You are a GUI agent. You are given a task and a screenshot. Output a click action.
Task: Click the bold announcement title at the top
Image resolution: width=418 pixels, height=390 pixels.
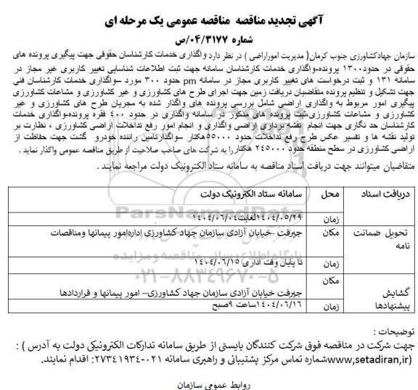[210, 12]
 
